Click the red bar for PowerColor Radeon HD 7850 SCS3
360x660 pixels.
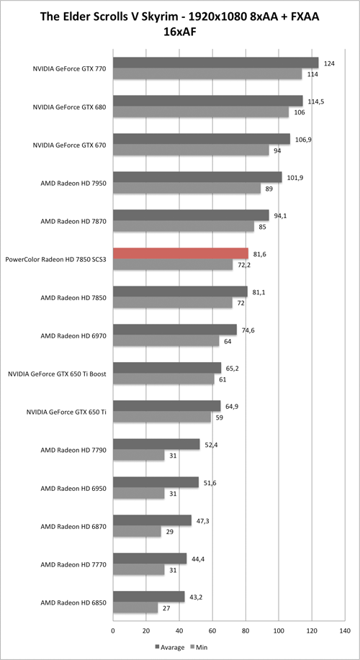pyautogui.click(x=181, y=253)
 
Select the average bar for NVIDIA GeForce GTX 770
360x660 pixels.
pyautogui.click(x=215, y=63)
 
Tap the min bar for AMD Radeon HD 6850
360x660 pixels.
pyautogui.click(x=135, y=607)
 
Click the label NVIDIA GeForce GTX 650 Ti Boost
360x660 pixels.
pyautogui.click(x=58, y=374)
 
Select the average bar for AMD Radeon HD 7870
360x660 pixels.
pyautogui.click(x=191, y=215)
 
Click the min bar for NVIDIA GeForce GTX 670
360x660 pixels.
pyautogui.click(x=191, y=150)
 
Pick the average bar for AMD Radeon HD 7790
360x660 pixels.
pyautogui.click(x=156, y=444)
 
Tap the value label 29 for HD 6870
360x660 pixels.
pyautogui.click(x=170, y=532)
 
